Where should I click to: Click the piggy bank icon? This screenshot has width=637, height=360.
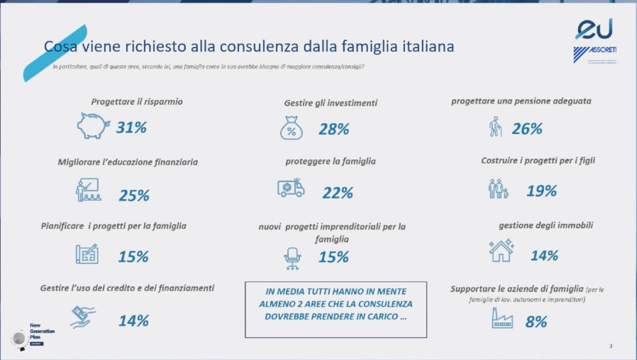tap(93, 126)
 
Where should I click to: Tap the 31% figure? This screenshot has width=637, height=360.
tap(132, 128)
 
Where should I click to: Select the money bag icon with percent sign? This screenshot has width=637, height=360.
tap(291, 129)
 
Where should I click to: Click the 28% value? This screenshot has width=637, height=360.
tap(334, 129)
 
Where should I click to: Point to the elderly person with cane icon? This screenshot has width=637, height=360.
tap(496, 127)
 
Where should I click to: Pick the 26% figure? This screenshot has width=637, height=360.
tap(527, 129)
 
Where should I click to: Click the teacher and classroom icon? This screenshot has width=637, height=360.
tap(88, 190)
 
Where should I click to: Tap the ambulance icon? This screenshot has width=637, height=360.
tap(291, 188)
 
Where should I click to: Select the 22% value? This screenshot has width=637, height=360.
tap(338, 193)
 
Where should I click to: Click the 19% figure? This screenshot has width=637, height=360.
tap(541, 191)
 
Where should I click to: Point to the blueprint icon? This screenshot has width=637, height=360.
tap(87, 254)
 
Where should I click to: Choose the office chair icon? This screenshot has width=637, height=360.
tap(292, 258)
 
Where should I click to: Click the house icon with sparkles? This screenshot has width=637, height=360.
tap(501, 251)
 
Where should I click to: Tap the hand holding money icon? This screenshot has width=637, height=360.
tap(82, 316)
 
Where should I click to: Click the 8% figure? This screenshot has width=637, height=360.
tap(536, 322)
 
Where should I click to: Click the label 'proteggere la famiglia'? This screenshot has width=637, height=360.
tap(330, 161)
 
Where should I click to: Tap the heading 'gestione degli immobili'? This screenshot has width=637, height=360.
tap(546, 226)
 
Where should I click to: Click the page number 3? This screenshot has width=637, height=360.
tap(610, 346)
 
